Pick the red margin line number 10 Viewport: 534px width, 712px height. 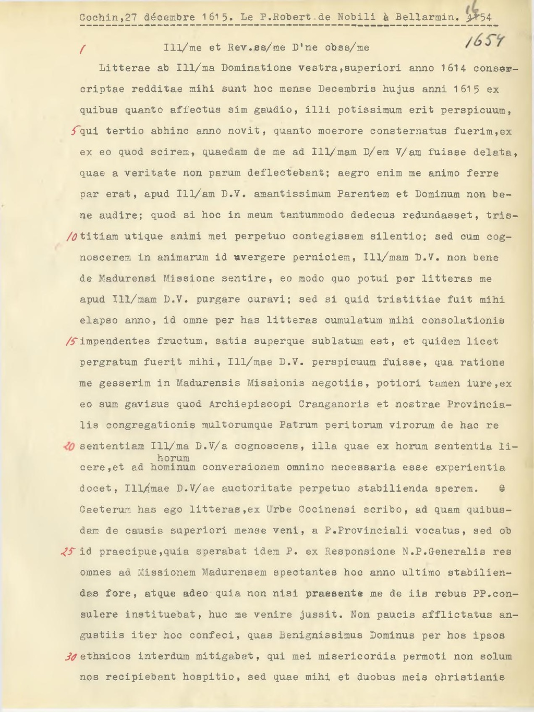(x=72, y=237)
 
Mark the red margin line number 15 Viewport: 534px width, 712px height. (x=72, y=342)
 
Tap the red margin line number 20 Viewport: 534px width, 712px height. (x=69, y=446)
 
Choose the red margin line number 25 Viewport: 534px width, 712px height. (x=70, y=552)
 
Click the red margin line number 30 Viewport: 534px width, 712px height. (x=71, y=657)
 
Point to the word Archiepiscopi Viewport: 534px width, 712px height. (x=249, y=404)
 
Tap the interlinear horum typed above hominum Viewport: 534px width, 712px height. (x=173, y=458)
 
